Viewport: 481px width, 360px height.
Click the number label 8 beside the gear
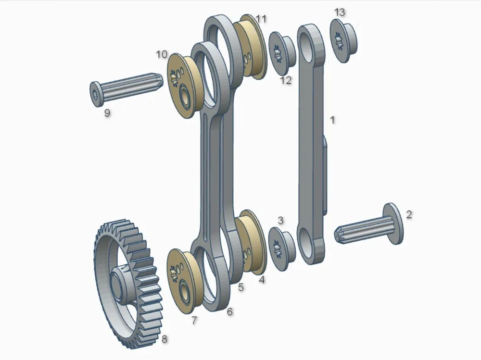point(165,339)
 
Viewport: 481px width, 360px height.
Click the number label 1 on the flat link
point(331,120)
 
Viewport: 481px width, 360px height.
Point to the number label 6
point(230,311)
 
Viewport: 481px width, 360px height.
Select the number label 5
point(241,287)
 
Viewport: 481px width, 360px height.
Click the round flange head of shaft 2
point(393,223)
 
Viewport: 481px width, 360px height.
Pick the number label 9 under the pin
point(107,113)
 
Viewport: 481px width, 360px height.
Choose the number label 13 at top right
point(340,12)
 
